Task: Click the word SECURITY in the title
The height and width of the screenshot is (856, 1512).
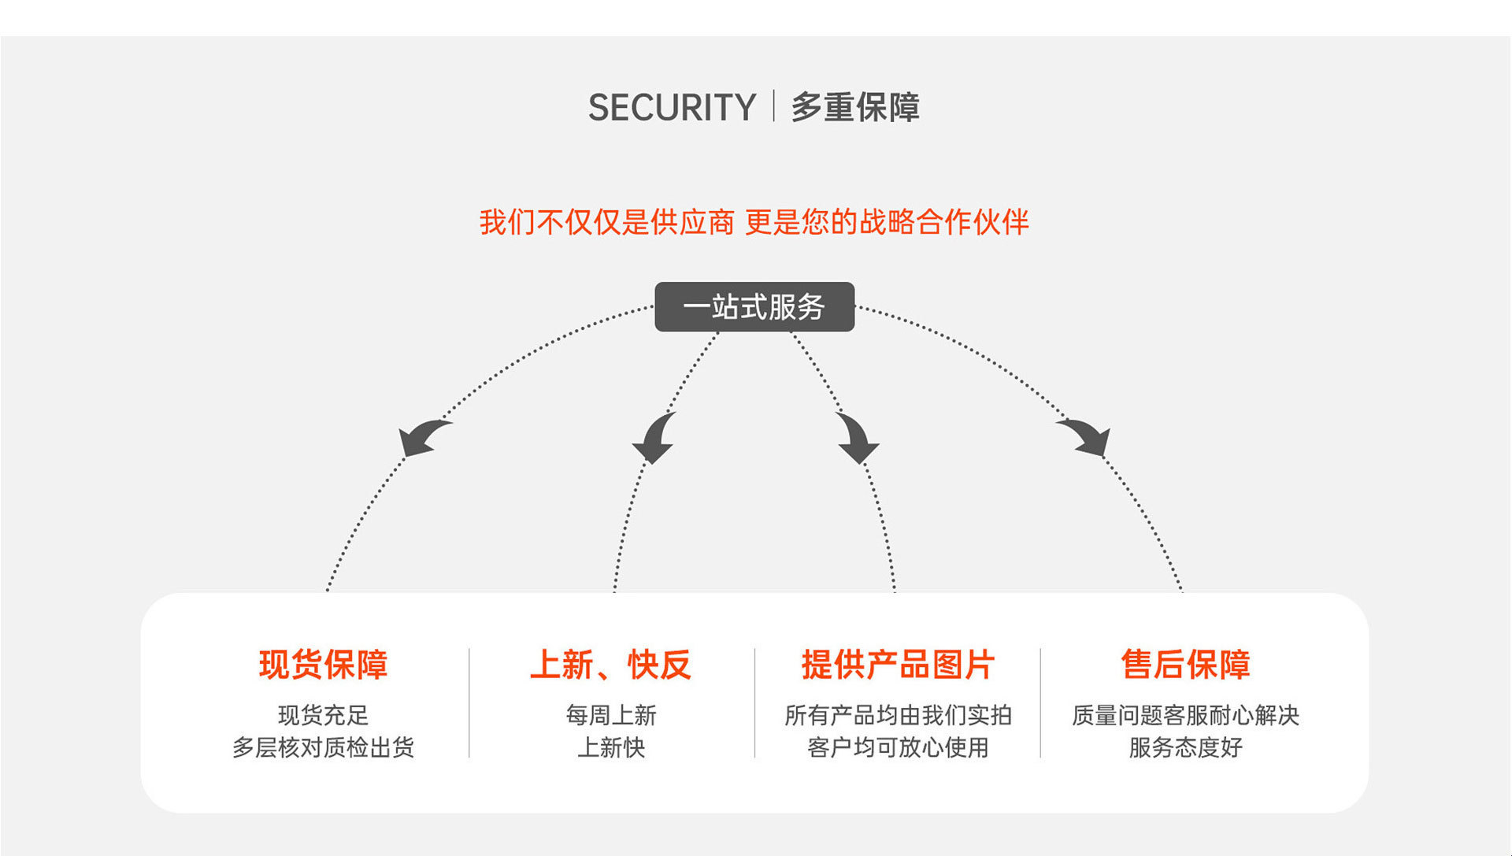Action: [x=672, y=107]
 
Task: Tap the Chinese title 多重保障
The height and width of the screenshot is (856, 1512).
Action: [x=855, y=107]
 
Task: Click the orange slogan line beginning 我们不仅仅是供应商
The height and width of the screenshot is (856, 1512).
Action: [x=754, y=222]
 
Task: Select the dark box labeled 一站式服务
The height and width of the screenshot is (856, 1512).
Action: [x=754, y=306]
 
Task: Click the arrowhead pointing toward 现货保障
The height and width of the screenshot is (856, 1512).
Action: [x=423, y=438]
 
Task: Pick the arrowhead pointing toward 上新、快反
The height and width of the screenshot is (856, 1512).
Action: [x=654, y=439]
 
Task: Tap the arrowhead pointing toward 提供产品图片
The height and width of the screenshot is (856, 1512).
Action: [x=857, y=439]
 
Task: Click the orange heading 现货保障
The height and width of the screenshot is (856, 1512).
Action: [x=323, y=665]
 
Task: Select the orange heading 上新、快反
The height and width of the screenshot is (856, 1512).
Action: [x=610, y=665]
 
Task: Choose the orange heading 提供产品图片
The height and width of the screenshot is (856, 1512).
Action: [x=898, y=665]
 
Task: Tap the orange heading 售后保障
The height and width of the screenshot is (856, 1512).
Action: [x=1185, y=665]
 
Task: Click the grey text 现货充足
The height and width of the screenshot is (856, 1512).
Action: [x=323, y=715]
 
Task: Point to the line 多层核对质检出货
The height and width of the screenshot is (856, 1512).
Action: [x=323, y=747]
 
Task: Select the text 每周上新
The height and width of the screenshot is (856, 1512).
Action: [x=610, y=715]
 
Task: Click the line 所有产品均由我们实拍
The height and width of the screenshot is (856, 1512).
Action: [x=898, y=715]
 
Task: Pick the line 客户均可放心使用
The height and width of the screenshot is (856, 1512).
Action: [x=898, y=747]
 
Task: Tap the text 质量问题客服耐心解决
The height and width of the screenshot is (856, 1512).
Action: [x=1185, y=715]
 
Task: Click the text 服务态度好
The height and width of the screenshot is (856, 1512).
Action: [x=1185, y=747]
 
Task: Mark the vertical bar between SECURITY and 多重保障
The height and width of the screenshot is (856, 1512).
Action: [x=773, y=106]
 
